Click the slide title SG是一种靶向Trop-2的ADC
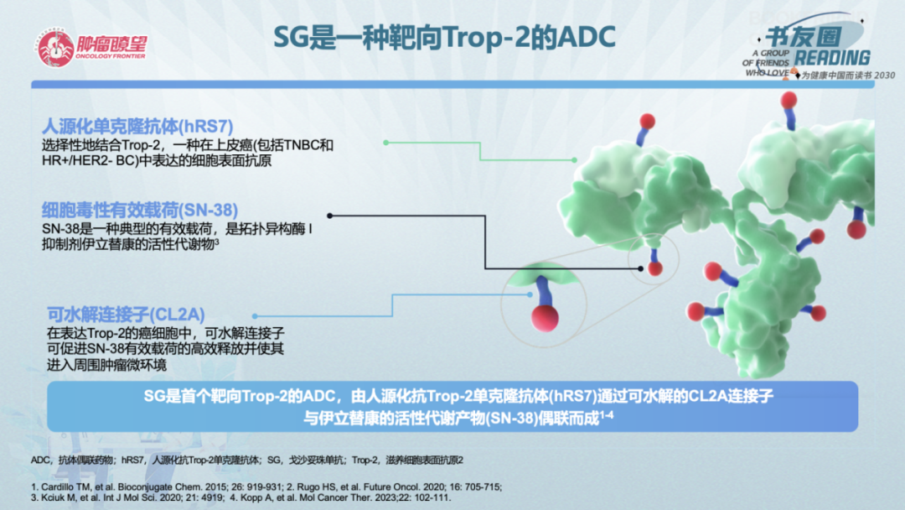445,38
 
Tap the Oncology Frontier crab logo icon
54,47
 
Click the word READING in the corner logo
832,58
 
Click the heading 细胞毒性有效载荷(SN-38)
140,209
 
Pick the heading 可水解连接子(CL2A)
126,315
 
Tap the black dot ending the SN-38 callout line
640,268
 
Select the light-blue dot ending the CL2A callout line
529,294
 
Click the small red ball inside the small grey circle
654,268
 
